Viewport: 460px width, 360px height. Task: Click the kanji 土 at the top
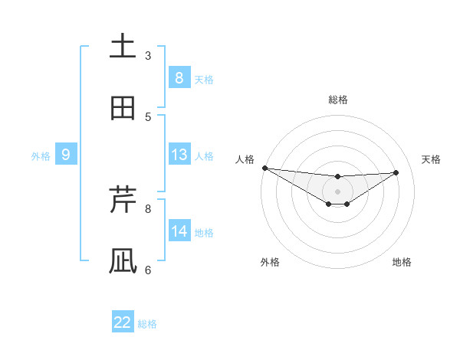pyautogui.click(x=123, y=47)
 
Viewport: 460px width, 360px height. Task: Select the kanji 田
pyautogui.click(x=123, y=108)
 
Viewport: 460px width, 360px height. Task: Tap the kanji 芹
pyautogui.click(x=123, y=200)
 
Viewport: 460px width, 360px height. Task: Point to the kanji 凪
pyautogui.click(x=123, y=261)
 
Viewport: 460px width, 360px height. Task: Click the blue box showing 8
pyautogui.click(x=179, y=77)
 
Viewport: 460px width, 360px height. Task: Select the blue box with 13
pyautogui.click(x=179, y=155)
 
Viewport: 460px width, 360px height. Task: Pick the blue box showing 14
pyautogui.click(x=179, y=231)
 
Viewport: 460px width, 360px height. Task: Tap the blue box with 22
pyautogui.click(x=123, y=322)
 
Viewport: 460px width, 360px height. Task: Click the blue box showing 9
pyautogui.click(x=66, y=155)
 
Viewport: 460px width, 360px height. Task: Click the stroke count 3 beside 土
pyautogui.click(x=148, y=55)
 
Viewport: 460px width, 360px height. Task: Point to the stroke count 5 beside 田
pyautogui.click(x=148, y=116)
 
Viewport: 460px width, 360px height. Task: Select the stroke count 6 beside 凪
pyautogui.click(x=148, y=270)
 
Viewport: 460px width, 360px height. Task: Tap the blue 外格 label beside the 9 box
pyautogui.click(x=41, y=156)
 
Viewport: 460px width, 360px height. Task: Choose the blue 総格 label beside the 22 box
pyautogui.click(x=147, y=324)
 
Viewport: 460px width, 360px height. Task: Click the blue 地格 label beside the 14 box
pyautogui.click(x=204, y=233)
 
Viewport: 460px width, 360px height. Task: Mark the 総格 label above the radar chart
pyautogui.click(x=338, y=100)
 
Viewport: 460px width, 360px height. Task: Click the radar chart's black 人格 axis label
pyautogui.click(x=245, y=159)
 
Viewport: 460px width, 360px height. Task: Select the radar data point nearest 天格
pyautogui.click(x=396, y=172)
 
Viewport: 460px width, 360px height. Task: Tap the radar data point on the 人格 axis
pyautogui.click(x=264, y=168)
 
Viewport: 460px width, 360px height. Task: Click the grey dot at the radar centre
pyautogui.click(x=337, y=191)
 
